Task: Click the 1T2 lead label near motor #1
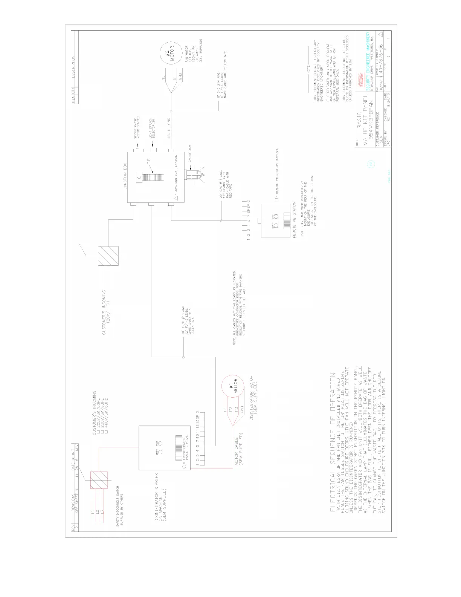coord(230,409)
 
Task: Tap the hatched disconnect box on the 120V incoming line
coord(108,256)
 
